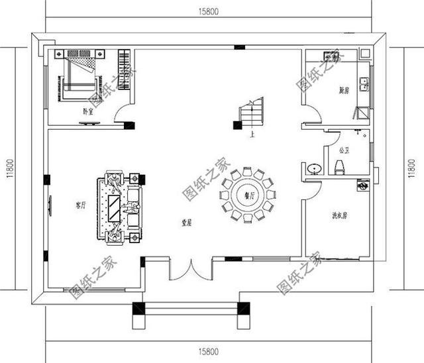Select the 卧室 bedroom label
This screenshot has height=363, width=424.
pos(87,111)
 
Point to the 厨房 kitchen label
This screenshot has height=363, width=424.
pos(343,90)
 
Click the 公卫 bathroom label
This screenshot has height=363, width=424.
pos(343,150)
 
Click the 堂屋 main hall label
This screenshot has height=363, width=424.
pos(187,223)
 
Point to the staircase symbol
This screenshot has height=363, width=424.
pos(252,113)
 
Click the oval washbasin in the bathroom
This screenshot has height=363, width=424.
pos(314,168)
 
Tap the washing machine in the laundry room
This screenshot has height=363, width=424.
pos(362,186)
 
